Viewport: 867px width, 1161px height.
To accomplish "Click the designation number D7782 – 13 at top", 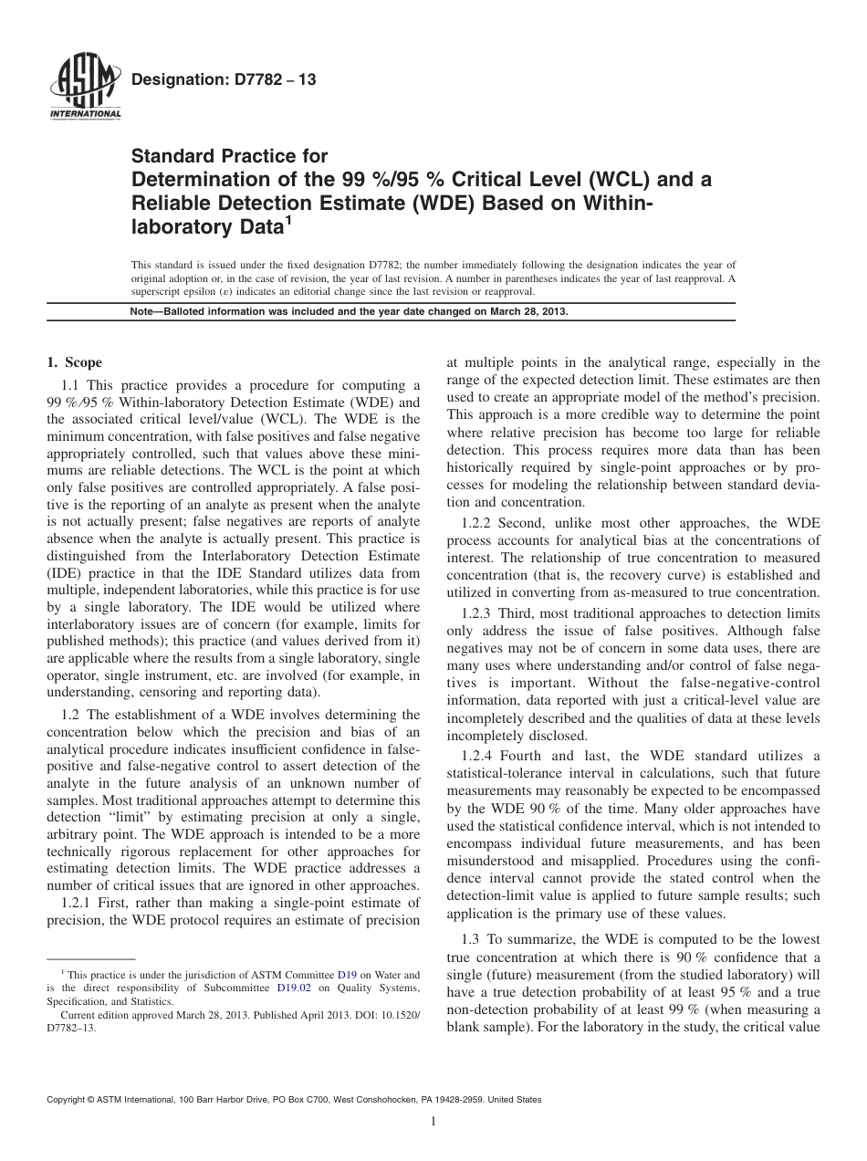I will pyautogui.click(x=224, y=80).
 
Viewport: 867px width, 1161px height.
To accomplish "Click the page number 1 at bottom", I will pyautogui.click(x=433, y=1122).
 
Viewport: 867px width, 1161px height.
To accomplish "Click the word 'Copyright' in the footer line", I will pyautogui.click(x=67, y=1100).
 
